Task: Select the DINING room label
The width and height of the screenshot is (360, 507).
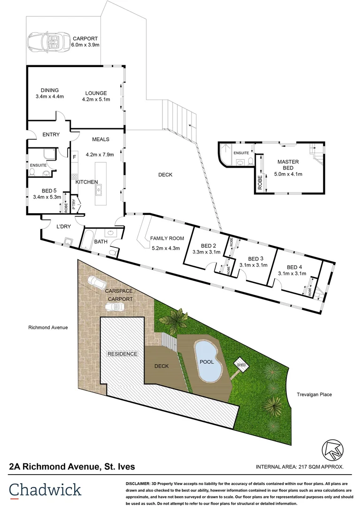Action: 49,91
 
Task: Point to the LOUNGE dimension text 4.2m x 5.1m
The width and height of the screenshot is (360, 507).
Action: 96,100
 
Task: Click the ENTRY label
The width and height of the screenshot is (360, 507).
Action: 51,135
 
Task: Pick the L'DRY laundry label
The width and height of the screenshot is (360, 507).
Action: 63,227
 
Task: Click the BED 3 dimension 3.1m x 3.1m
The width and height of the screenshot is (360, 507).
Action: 253,265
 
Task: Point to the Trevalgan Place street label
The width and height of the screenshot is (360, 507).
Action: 314,394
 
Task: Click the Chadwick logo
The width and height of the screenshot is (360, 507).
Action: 45,490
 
